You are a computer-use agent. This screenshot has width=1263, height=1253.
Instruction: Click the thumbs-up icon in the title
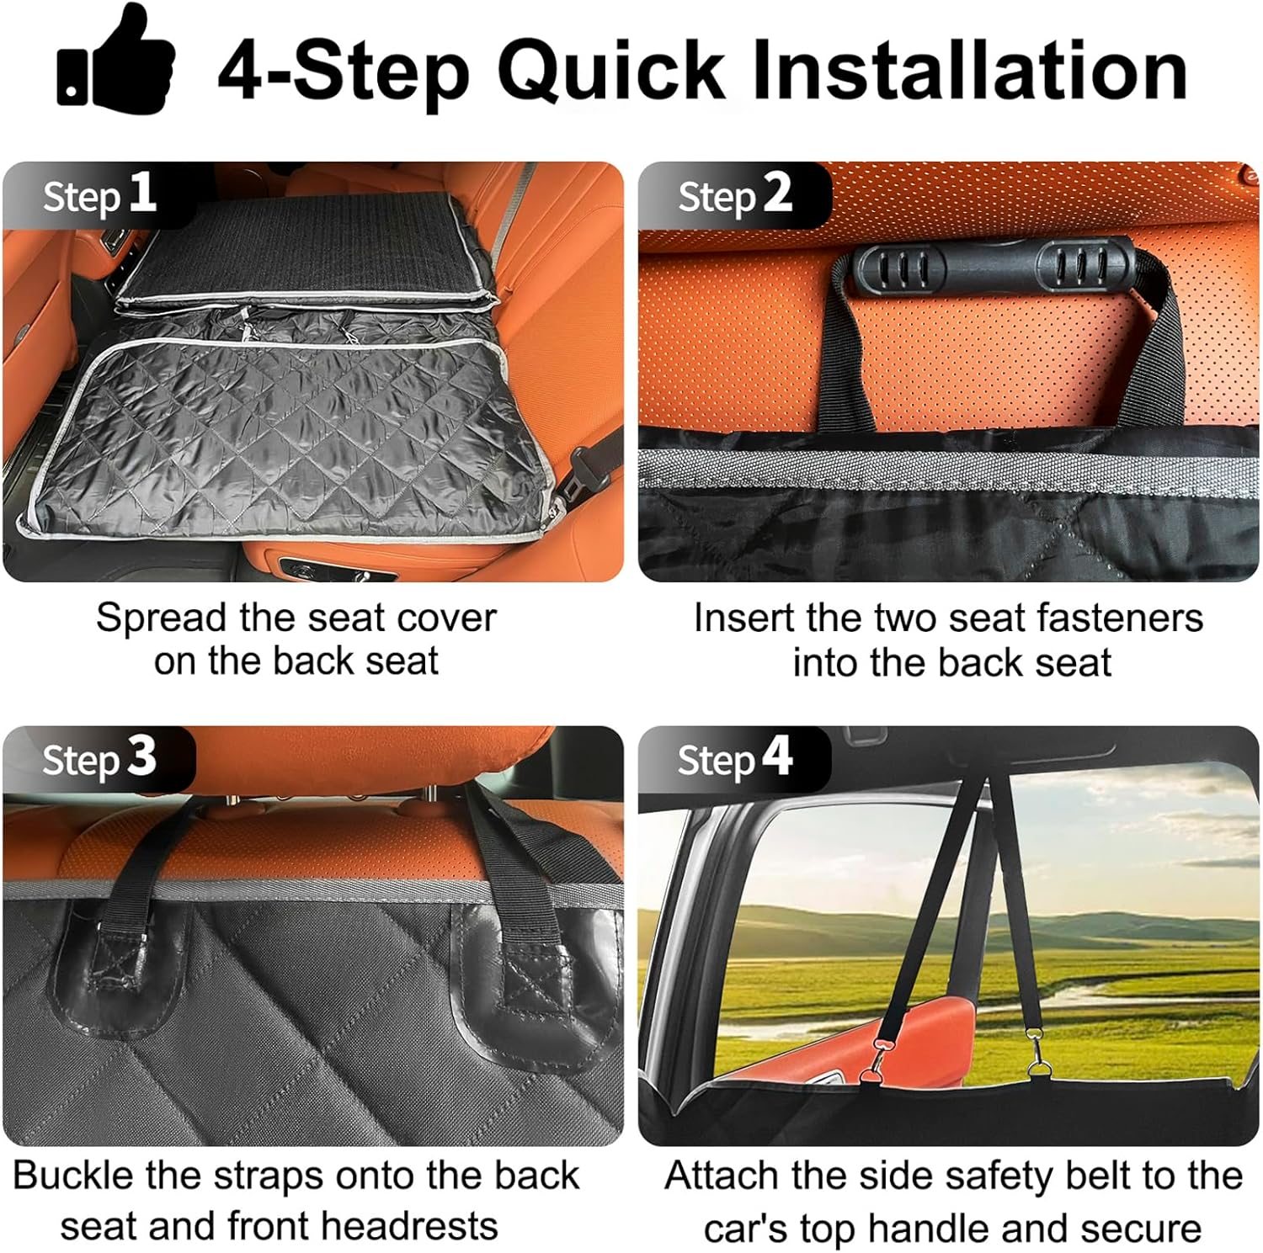tap(115, 57)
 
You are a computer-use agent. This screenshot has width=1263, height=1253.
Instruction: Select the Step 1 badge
tap(99, 194)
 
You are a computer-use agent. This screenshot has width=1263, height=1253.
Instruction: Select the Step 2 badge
tap(735, 194)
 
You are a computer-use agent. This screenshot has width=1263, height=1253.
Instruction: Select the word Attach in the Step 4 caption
tap(721, 1175)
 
